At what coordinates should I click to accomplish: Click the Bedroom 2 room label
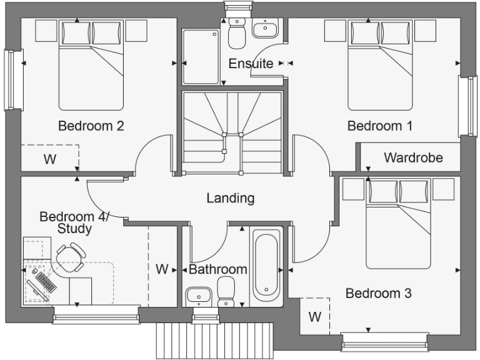[x=91, y=126]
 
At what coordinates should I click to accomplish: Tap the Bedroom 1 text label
[x=380, y=126]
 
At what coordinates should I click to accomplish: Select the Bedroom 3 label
[x=379, y=293]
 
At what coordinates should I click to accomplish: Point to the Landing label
[x=231, y=198]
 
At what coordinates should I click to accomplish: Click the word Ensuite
[x=251, y=64]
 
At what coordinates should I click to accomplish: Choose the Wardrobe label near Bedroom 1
[x=413, y=157]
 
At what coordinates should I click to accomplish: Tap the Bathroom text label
[x=218, y=270]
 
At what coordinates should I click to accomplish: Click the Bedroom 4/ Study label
[x=74, y=222]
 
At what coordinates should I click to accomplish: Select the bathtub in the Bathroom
[x=266, y=265]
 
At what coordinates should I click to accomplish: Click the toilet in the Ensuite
[x=237, y=34]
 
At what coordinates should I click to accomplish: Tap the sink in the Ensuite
[x=267, y=29]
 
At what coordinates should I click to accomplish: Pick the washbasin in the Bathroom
[x=199, y=294]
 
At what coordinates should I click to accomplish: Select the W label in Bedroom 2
[x=49, y=159]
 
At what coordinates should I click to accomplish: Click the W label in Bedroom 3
[x=314, y=317]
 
